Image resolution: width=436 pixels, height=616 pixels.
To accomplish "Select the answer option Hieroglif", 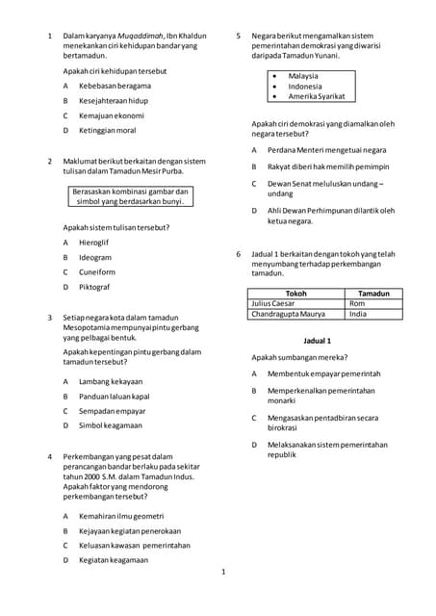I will point(94,243).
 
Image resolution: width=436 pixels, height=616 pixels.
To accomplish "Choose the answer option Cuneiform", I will point(96,271).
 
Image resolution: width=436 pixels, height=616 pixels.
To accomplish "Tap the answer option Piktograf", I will point(94,287).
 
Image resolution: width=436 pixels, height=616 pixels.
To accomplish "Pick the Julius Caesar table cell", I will point(276,303).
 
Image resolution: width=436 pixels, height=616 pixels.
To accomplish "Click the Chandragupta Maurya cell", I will point(288,314).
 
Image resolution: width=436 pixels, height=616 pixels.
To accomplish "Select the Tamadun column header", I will point(373,293).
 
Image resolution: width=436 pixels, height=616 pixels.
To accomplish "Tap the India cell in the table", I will point(359,314).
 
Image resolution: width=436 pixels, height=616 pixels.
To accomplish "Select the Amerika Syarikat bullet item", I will point(317,96).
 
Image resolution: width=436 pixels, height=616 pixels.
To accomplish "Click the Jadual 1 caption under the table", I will point(317,341).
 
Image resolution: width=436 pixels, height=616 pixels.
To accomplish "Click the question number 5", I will point(238,36).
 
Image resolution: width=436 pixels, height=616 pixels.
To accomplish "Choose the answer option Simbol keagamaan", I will point(111,424).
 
